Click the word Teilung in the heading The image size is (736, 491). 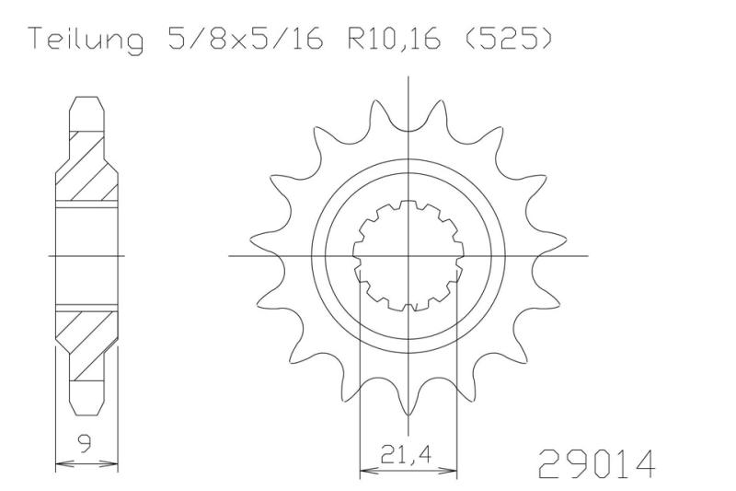[85, 41]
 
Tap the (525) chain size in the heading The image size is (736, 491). [503, 41]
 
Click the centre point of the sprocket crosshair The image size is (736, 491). [408, 255]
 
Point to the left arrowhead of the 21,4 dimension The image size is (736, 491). [362, 469]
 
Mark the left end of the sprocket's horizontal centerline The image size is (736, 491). [229, 255]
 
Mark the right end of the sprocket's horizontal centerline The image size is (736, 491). [587, 255]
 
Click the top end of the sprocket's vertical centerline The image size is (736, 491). [408, 76]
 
